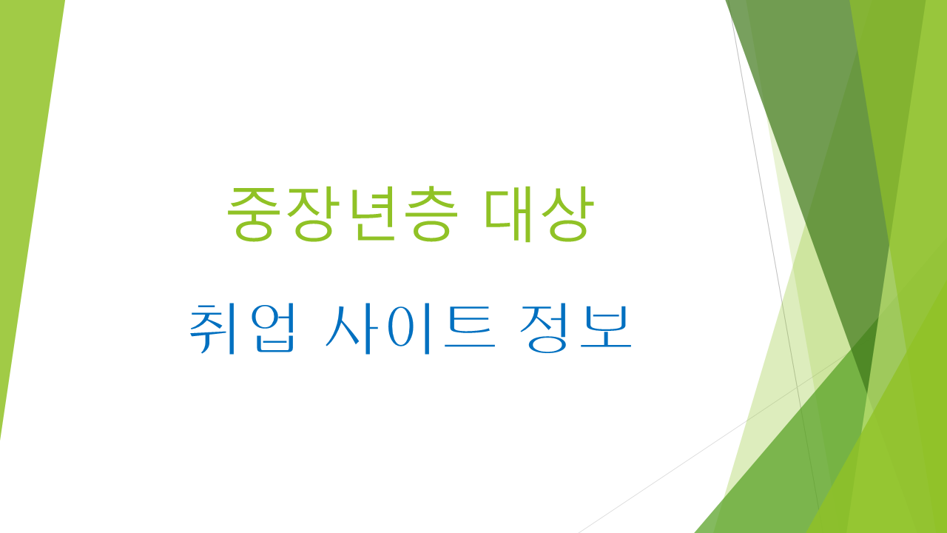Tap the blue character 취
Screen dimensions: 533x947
tap(214, 328)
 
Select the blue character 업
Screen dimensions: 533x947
tap(271, 328)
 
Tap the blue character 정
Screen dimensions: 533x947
tap(547, 328)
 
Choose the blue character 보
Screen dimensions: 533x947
tap(605, 328)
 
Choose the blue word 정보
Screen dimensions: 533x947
tap(576, 328)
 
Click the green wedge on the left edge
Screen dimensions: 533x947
tap(26, 185)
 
